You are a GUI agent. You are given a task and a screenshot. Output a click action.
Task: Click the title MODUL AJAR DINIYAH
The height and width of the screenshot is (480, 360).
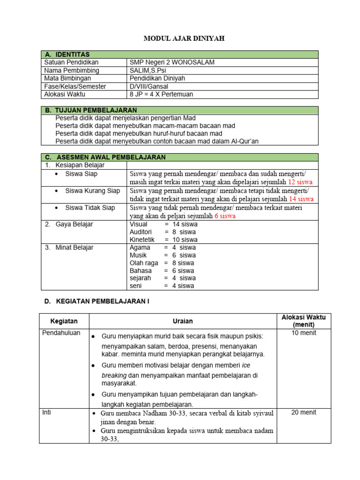click(x=184, y=38)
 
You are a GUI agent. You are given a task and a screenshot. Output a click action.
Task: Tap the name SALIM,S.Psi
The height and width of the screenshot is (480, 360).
click(x=148, y=70)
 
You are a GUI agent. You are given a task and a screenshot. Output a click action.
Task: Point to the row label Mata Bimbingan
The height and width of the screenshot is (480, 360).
click(x=67, y=78)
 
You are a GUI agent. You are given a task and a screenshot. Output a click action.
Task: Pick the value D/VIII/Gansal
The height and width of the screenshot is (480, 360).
click(x=149, y=86)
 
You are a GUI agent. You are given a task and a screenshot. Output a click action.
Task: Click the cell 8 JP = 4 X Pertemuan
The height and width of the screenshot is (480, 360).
click(x=161, y=94)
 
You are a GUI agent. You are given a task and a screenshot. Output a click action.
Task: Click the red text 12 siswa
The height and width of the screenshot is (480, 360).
click(x=300, y=182)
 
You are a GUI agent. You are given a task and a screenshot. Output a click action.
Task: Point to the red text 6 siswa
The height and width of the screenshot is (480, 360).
click(x=225, y=216)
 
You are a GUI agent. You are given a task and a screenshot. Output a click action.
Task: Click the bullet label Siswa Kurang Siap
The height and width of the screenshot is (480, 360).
click(x=92, y=191)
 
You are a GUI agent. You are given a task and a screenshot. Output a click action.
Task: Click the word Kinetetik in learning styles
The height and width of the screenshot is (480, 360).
click(x=142, y=240)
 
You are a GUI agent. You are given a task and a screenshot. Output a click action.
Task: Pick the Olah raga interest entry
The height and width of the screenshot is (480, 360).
click(x=143, y=263)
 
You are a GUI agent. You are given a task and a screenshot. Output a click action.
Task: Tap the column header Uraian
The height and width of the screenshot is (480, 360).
click(x=182, y=321)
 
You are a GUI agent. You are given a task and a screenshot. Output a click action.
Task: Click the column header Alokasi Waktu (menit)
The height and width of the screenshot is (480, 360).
click(x=303, y=321)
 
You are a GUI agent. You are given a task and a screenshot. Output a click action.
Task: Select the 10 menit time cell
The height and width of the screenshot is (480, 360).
click(x=303, y=333)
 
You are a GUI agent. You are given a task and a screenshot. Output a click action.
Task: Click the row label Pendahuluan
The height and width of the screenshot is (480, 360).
click(x=61, y=333)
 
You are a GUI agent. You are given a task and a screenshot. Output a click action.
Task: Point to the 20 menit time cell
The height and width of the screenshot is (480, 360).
click(x=303, y=412)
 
